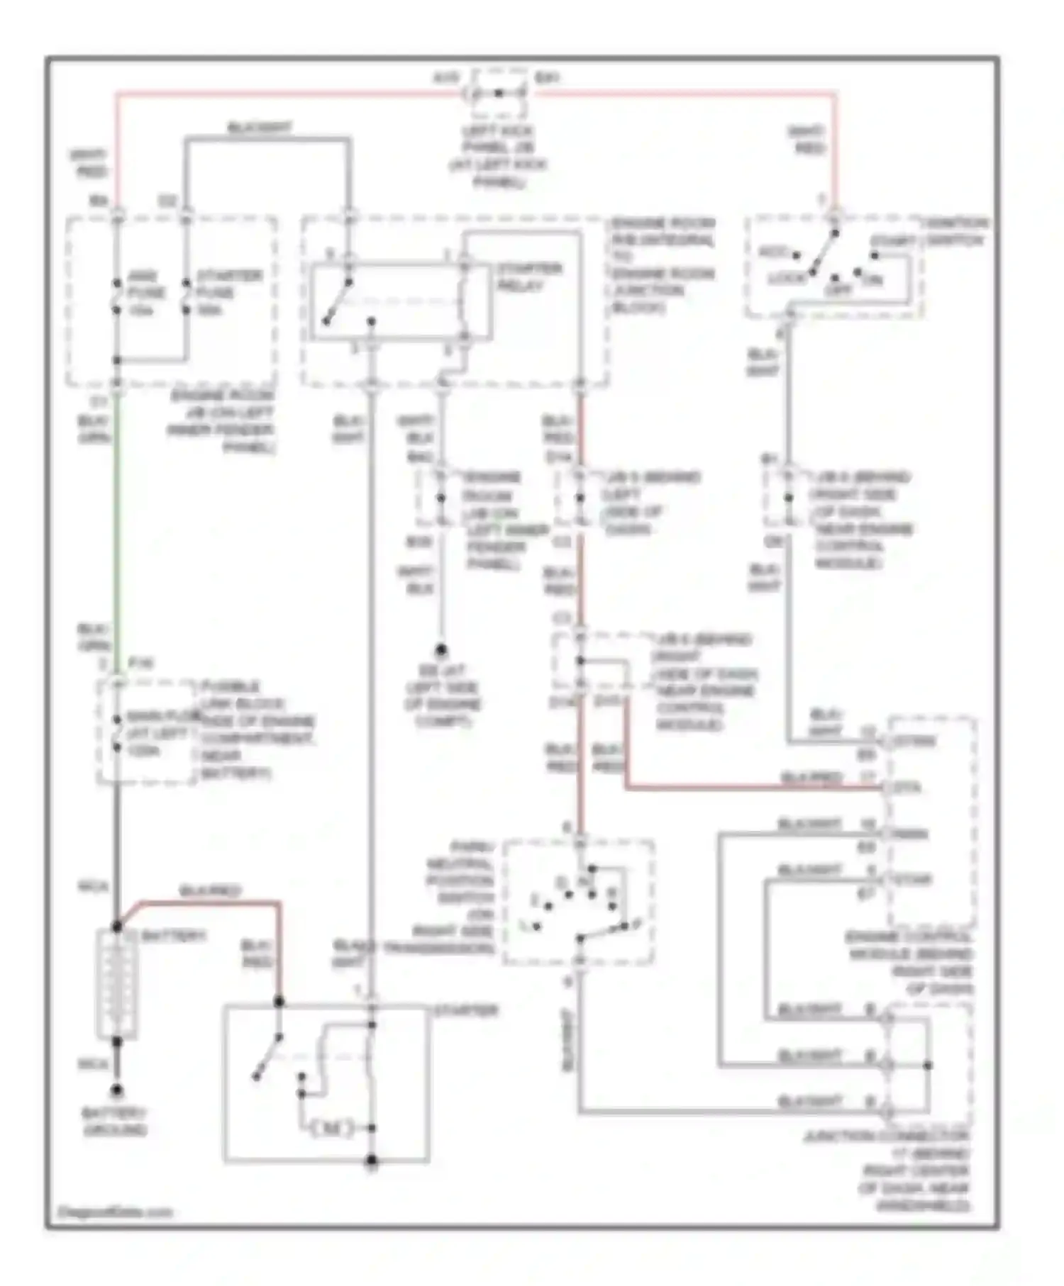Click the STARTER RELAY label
coord(529,277)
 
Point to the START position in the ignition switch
coord(893,242)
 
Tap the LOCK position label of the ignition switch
coord(787,279)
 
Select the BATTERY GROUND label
coord(116,1122)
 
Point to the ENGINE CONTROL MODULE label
coord(911,963)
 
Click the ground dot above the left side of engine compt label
coord(440,649)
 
